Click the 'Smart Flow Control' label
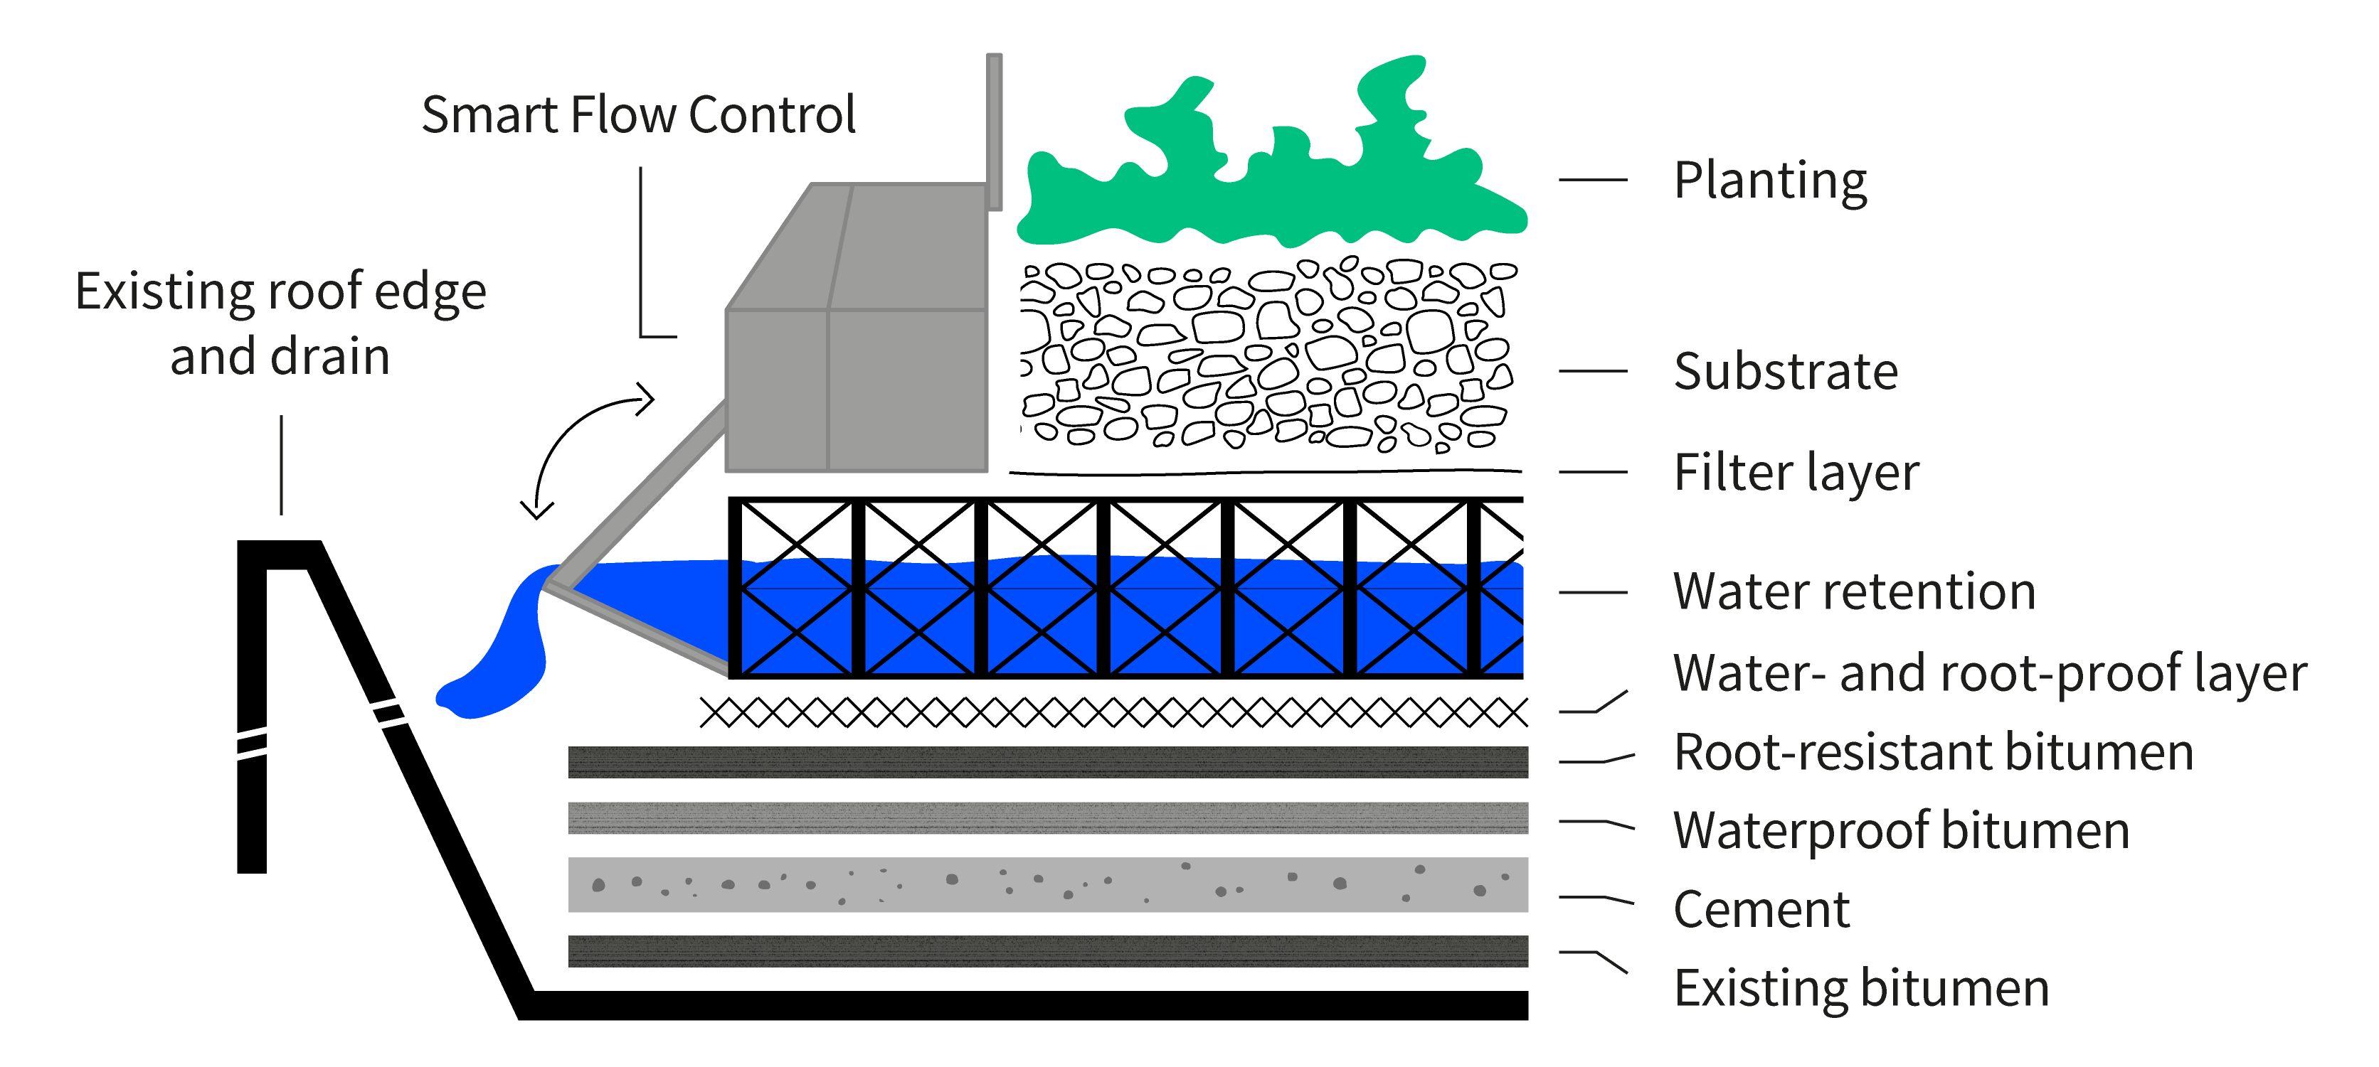click(638, 115)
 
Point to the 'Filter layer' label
click(1796, 473)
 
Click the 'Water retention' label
click(1855, 591)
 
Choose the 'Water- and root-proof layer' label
click(1990, 674)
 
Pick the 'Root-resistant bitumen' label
click(1934, 752)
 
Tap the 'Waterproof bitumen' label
click(1902, 832)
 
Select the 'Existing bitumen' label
click(1862, 989)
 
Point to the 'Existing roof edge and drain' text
click(281, 324)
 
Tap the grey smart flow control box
click(856, 328)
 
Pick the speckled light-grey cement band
click(1047, 884)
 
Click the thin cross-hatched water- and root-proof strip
click(1113, 712)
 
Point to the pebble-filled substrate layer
click(1267, 355)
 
